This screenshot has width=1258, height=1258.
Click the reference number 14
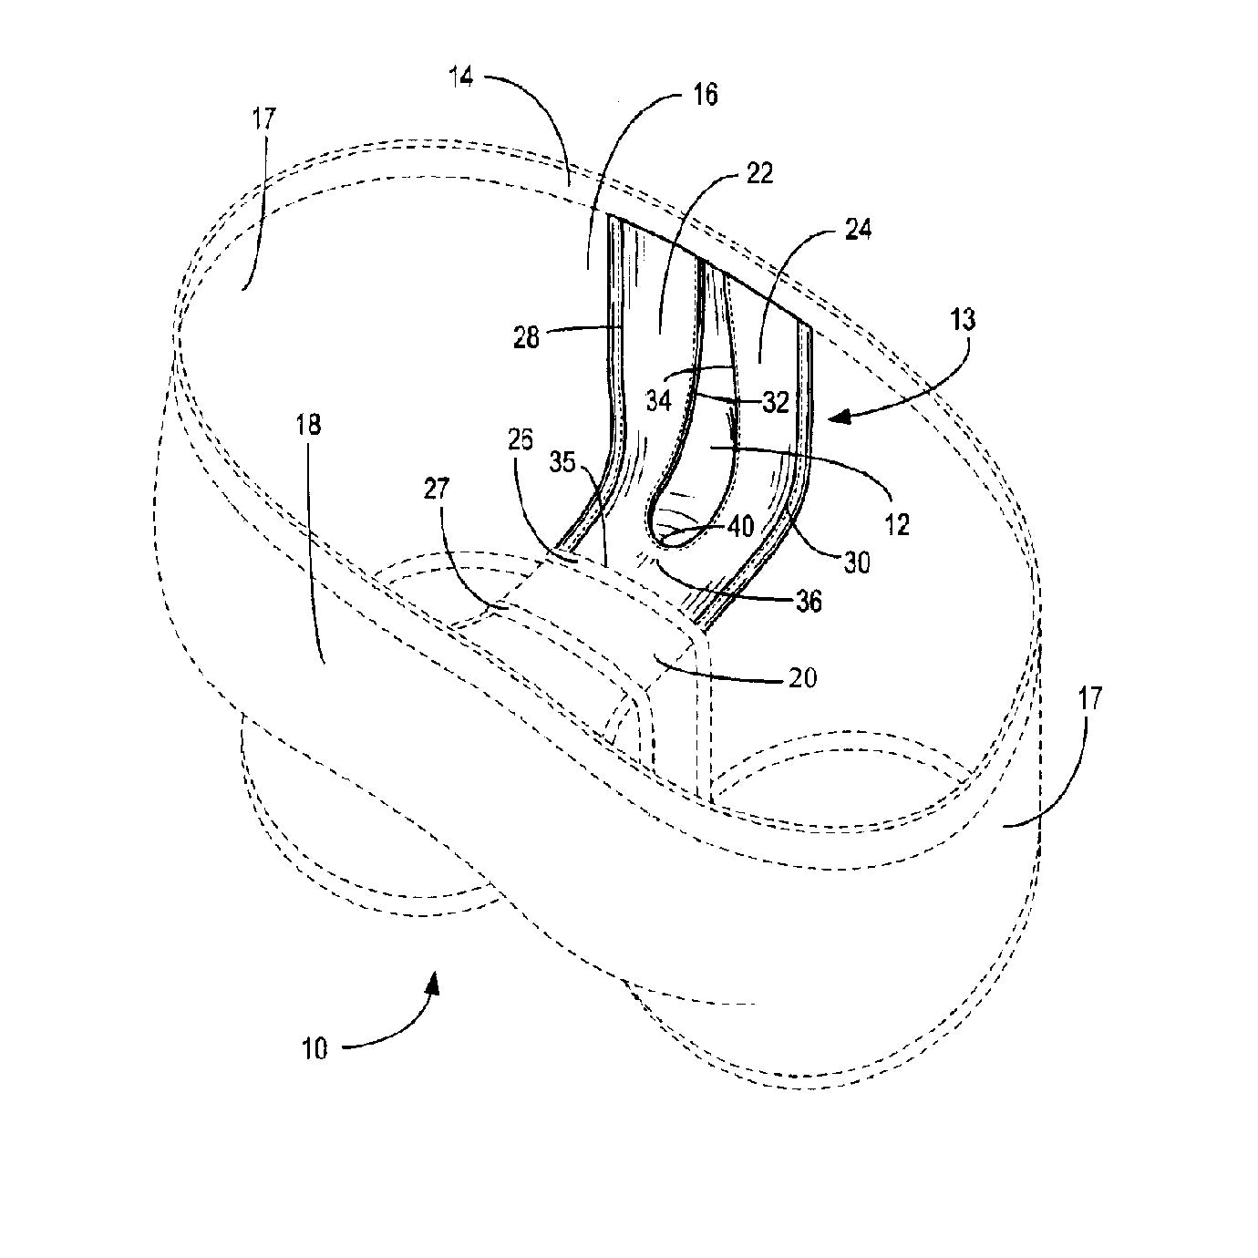coord(461,78)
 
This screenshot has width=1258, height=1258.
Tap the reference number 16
coord(704,96)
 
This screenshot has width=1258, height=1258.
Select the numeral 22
coord(758,173)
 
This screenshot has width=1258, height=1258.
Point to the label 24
coord(857,230)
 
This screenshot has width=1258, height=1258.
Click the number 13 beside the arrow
coord(963,320)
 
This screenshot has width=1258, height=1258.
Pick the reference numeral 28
coord(526,337)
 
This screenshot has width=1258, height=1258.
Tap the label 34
coord(659,400)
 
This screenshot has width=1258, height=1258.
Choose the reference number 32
coord(776,403)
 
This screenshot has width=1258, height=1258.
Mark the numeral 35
coord(562,462)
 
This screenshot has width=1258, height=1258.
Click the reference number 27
coord(437,489)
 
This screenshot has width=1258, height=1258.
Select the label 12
coord(896,524)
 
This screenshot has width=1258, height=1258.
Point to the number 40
coord(740,526)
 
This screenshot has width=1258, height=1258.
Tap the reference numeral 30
coord(857,562)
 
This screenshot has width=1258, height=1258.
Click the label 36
coord(809,602)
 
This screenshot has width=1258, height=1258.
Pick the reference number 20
coord(802,677)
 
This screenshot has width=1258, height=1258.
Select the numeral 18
coord(308,426)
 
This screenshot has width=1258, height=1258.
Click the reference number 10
coord(315,1049)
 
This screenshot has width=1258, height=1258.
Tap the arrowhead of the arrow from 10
coord(433,995)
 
